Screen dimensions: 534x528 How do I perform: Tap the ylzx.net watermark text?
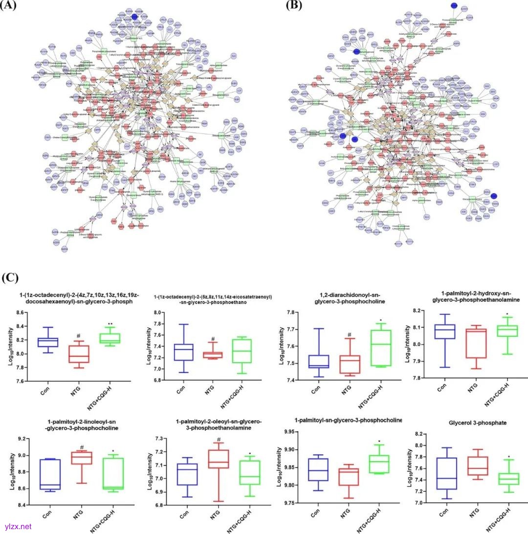point(16,527)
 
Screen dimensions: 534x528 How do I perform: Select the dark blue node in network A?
point(134,17)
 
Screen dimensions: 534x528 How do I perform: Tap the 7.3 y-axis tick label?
point(155,439)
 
